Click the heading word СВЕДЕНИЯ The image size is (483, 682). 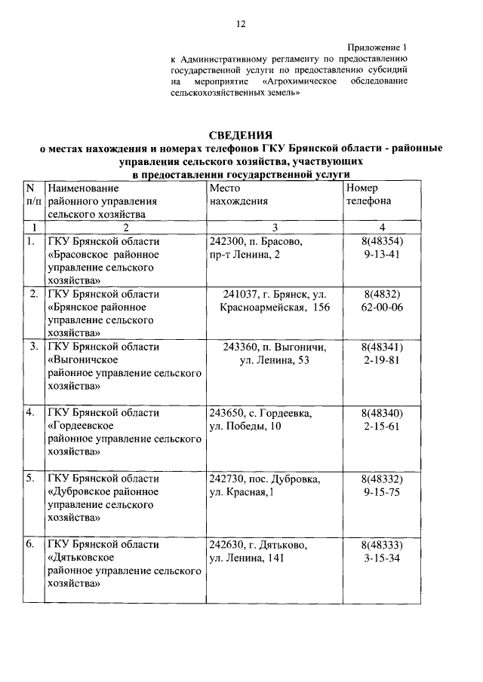241,134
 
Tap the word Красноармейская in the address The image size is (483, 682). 263,307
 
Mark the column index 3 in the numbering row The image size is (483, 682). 275,228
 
